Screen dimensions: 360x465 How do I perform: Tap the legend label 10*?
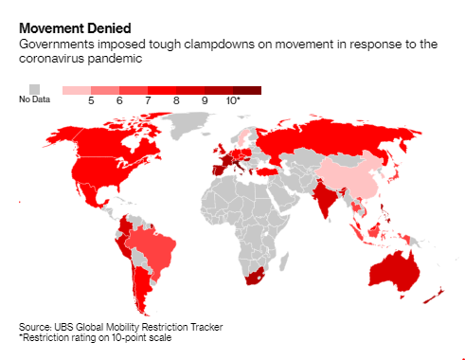click(x=233, y=100)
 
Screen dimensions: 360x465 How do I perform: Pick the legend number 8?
click(x=176, y=100)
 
